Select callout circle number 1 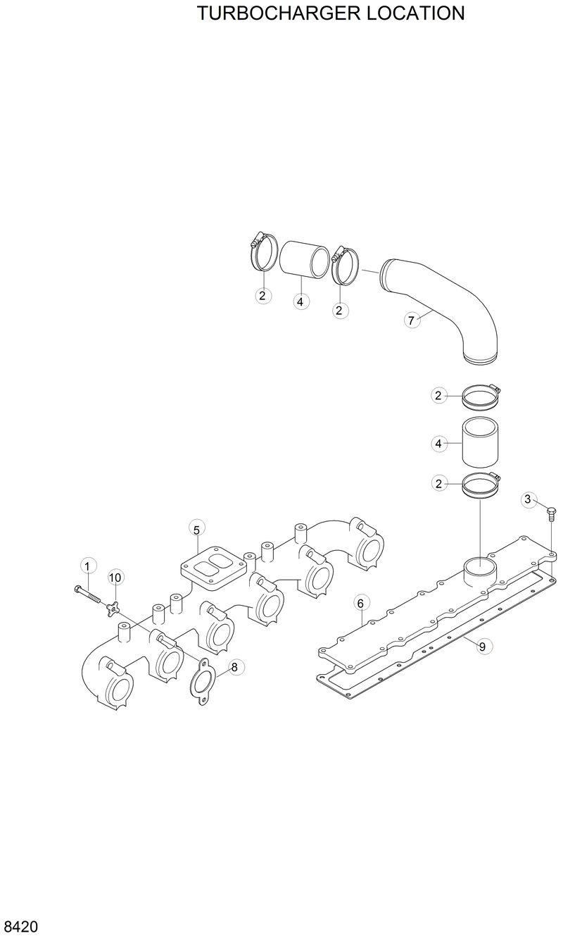87,566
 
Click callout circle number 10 115,578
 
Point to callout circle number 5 196,529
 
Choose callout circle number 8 234,666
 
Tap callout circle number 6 360,603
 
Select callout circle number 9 482,647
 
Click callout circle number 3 529,499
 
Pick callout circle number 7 412,320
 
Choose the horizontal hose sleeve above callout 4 304,261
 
